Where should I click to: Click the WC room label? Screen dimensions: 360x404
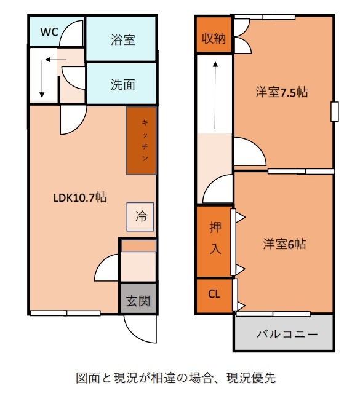(x=49, y=32)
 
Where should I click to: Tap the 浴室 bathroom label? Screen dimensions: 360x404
(x=122, y=40)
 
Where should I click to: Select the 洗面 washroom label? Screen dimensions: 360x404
(x=122, y=84)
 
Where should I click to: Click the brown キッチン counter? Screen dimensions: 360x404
(x=142, y=141)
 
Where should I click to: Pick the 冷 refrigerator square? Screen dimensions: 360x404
(x=140, y=216)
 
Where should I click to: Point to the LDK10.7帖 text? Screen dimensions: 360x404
(x=80, y=197)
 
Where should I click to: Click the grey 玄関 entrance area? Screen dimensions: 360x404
(x=138, y=298)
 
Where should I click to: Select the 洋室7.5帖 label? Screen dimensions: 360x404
(x=282, y=92)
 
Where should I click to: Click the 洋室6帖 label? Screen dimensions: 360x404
(x=284, y=244)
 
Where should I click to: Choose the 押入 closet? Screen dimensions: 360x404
(x=214, y=242)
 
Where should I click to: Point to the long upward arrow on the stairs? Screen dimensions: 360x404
(x=215, y=95)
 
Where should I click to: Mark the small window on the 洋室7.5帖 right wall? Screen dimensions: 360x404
(x=335, y=112)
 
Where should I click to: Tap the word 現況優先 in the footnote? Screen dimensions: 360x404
(x=251, y=378)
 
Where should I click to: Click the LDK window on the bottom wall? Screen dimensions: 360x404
(x=65, y=314)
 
